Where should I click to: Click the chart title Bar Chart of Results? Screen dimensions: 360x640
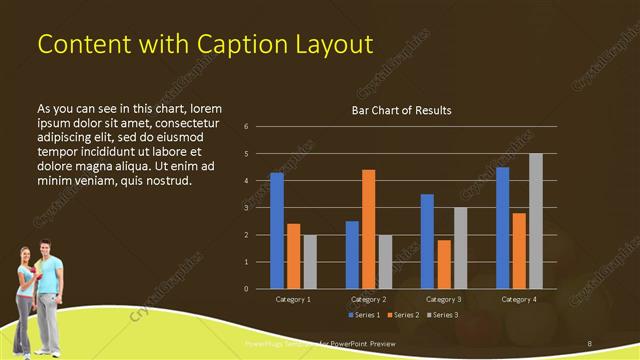400,110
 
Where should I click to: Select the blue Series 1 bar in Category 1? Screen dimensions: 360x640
277,231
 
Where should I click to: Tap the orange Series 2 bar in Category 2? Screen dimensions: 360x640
368,229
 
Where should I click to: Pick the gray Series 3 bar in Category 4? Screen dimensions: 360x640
535,221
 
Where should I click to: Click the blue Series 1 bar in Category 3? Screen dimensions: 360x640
427,241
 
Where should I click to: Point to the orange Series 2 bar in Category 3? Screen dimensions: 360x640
444,264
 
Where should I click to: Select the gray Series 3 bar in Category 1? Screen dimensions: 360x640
309,262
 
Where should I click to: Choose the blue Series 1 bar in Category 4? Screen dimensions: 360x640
502,228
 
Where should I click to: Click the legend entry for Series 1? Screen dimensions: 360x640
363,315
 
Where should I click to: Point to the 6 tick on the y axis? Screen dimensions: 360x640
246,127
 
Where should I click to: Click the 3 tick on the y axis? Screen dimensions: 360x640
246,208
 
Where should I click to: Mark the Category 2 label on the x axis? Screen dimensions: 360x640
368,299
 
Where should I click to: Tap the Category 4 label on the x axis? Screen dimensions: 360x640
518,299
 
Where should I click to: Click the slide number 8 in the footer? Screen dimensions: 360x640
589,343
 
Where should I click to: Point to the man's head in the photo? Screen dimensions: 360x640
44,247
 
